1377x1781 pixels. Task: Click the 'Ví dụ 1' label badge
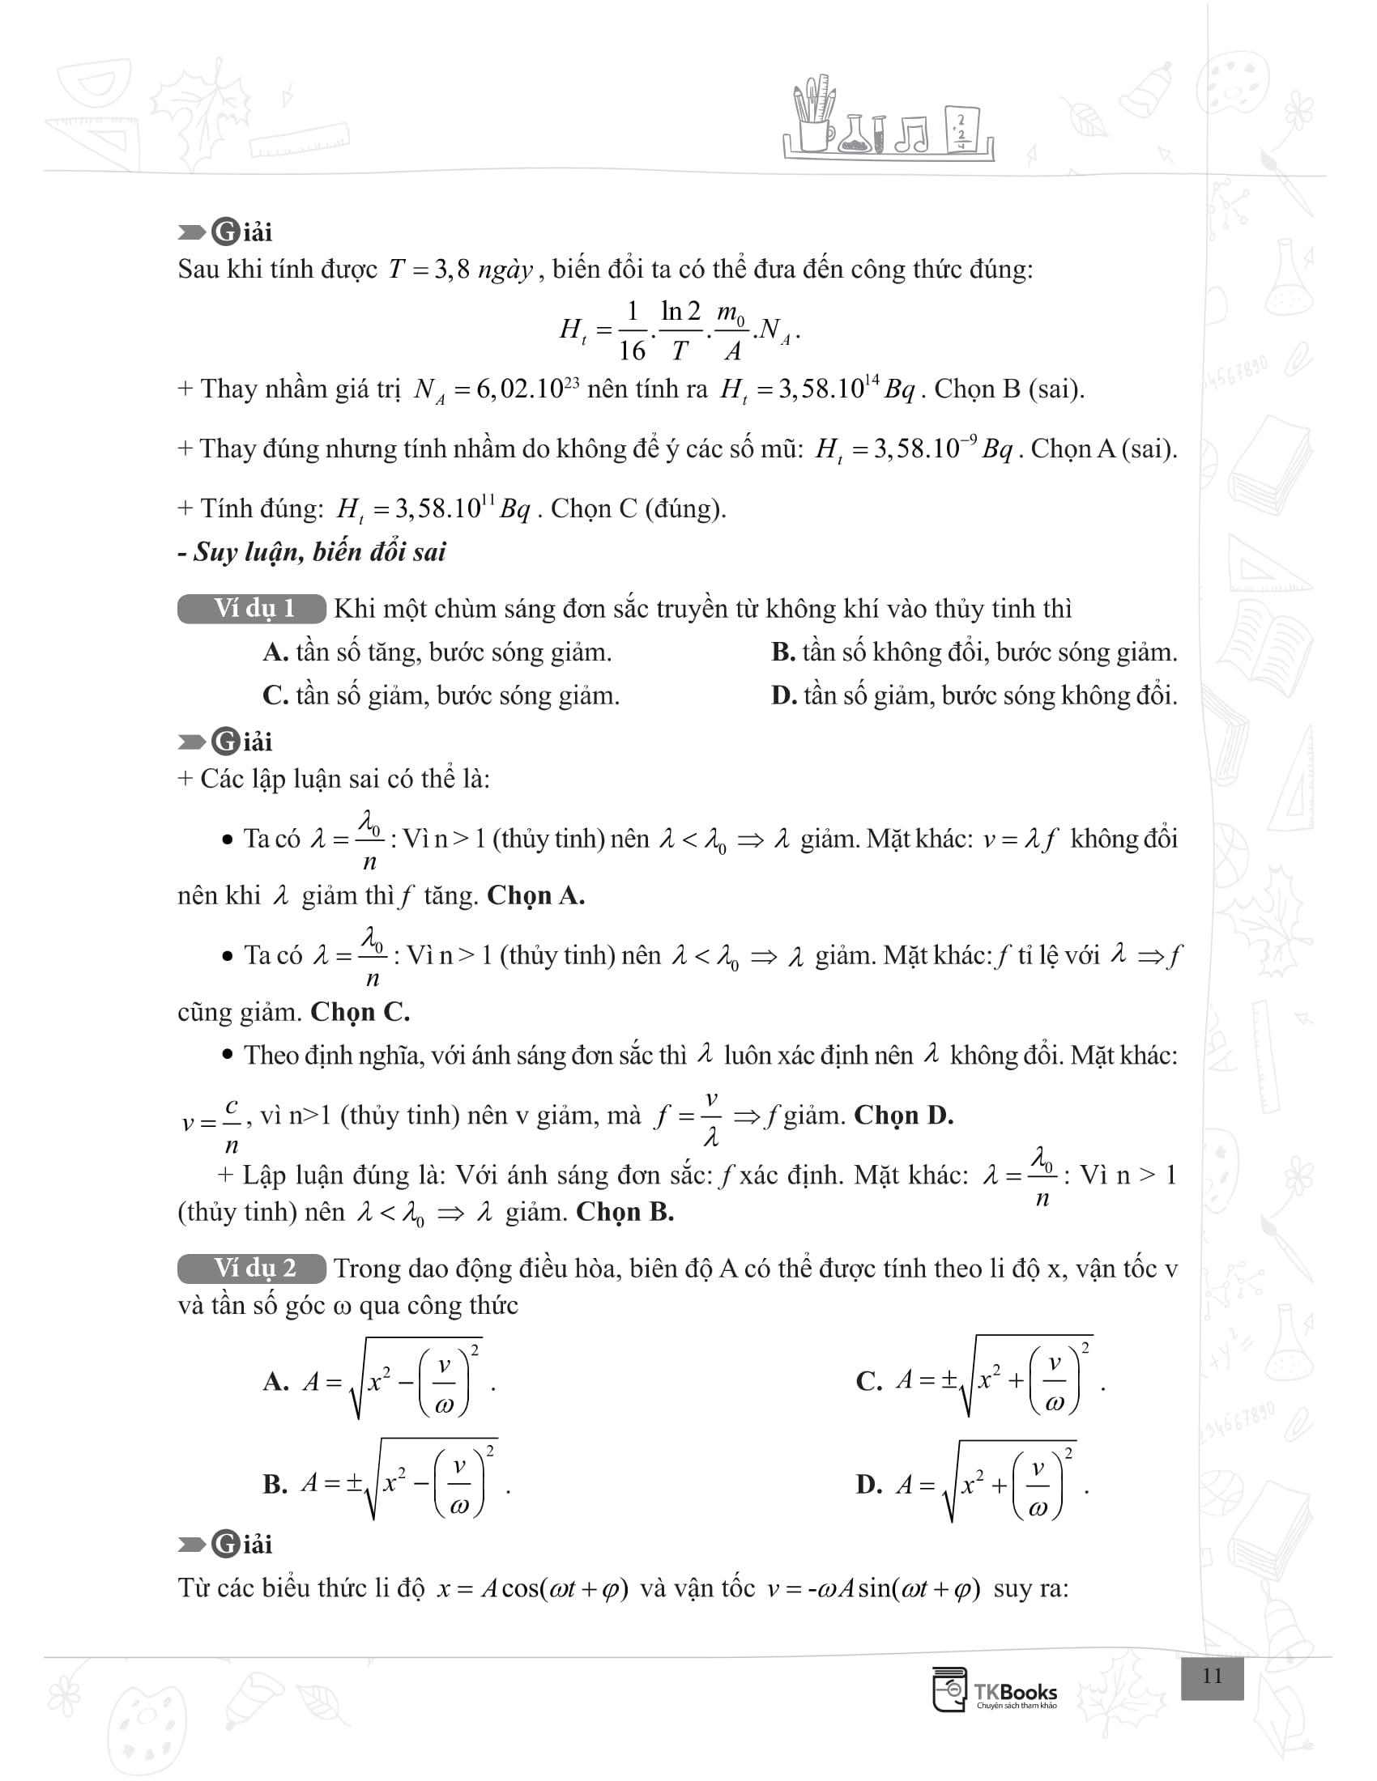(252, 609)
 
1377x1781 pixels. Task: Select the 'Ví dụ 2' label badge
(252, 1268)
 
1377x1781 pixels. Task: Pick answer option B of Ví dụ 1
(974, 652)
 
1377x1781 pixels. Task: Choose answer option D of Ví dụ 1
(974, 695)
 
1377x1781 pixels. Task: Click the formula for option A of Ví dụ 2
(398, 1380)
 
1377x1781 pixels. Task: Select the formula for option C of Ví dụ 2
(1000, 1380)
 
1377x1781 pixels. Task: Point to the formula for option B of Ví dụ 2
(406, 1484)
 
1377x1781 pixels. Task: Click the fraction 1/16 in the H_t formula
(632, 330)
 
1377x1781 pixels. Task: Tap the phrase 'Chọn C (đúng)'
(638, 509)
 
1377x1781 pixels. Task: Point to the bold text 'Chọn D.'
(904, 1115)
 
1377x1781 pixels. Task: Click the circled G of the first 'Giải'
(225, 233)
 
